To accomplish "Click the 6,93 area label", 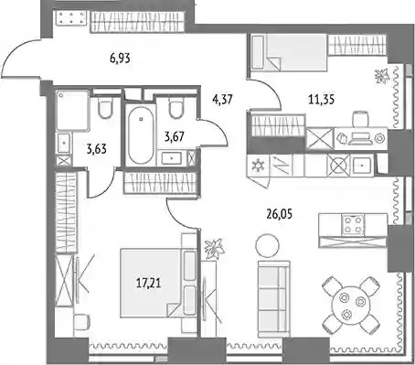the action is [120, 58].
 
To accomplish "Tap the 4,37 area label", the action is [223, 100].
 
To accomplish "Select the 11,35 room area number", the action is [321, 100].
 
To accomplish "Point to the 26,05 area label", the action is [280, 214].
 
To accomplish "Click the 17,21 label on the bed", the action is [149, 283].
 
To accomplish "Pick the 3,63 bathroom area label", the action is [97, 149].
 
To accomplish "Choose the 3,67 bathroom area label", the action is [174, 136].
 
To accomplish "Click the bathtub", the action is [140, 134].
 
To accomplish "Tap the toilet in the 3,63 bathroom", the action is [105, 108].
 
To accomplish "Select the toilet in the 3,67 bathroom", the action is [176, 108].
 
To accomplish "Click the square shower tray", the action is [73, 110].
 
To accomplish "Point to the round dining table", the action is [351, 306].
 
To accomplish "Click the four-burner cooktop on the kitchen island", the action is [353, 225].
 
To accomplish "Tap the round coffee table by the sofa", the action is [267, 246].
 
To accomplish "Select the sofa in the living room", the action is [273, 295].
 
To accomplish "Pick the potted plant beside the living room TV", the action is [215, 249].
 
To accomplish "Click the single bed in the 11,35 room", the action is [289, 52].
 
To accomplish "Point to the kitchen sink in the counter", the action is [362, 166].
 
